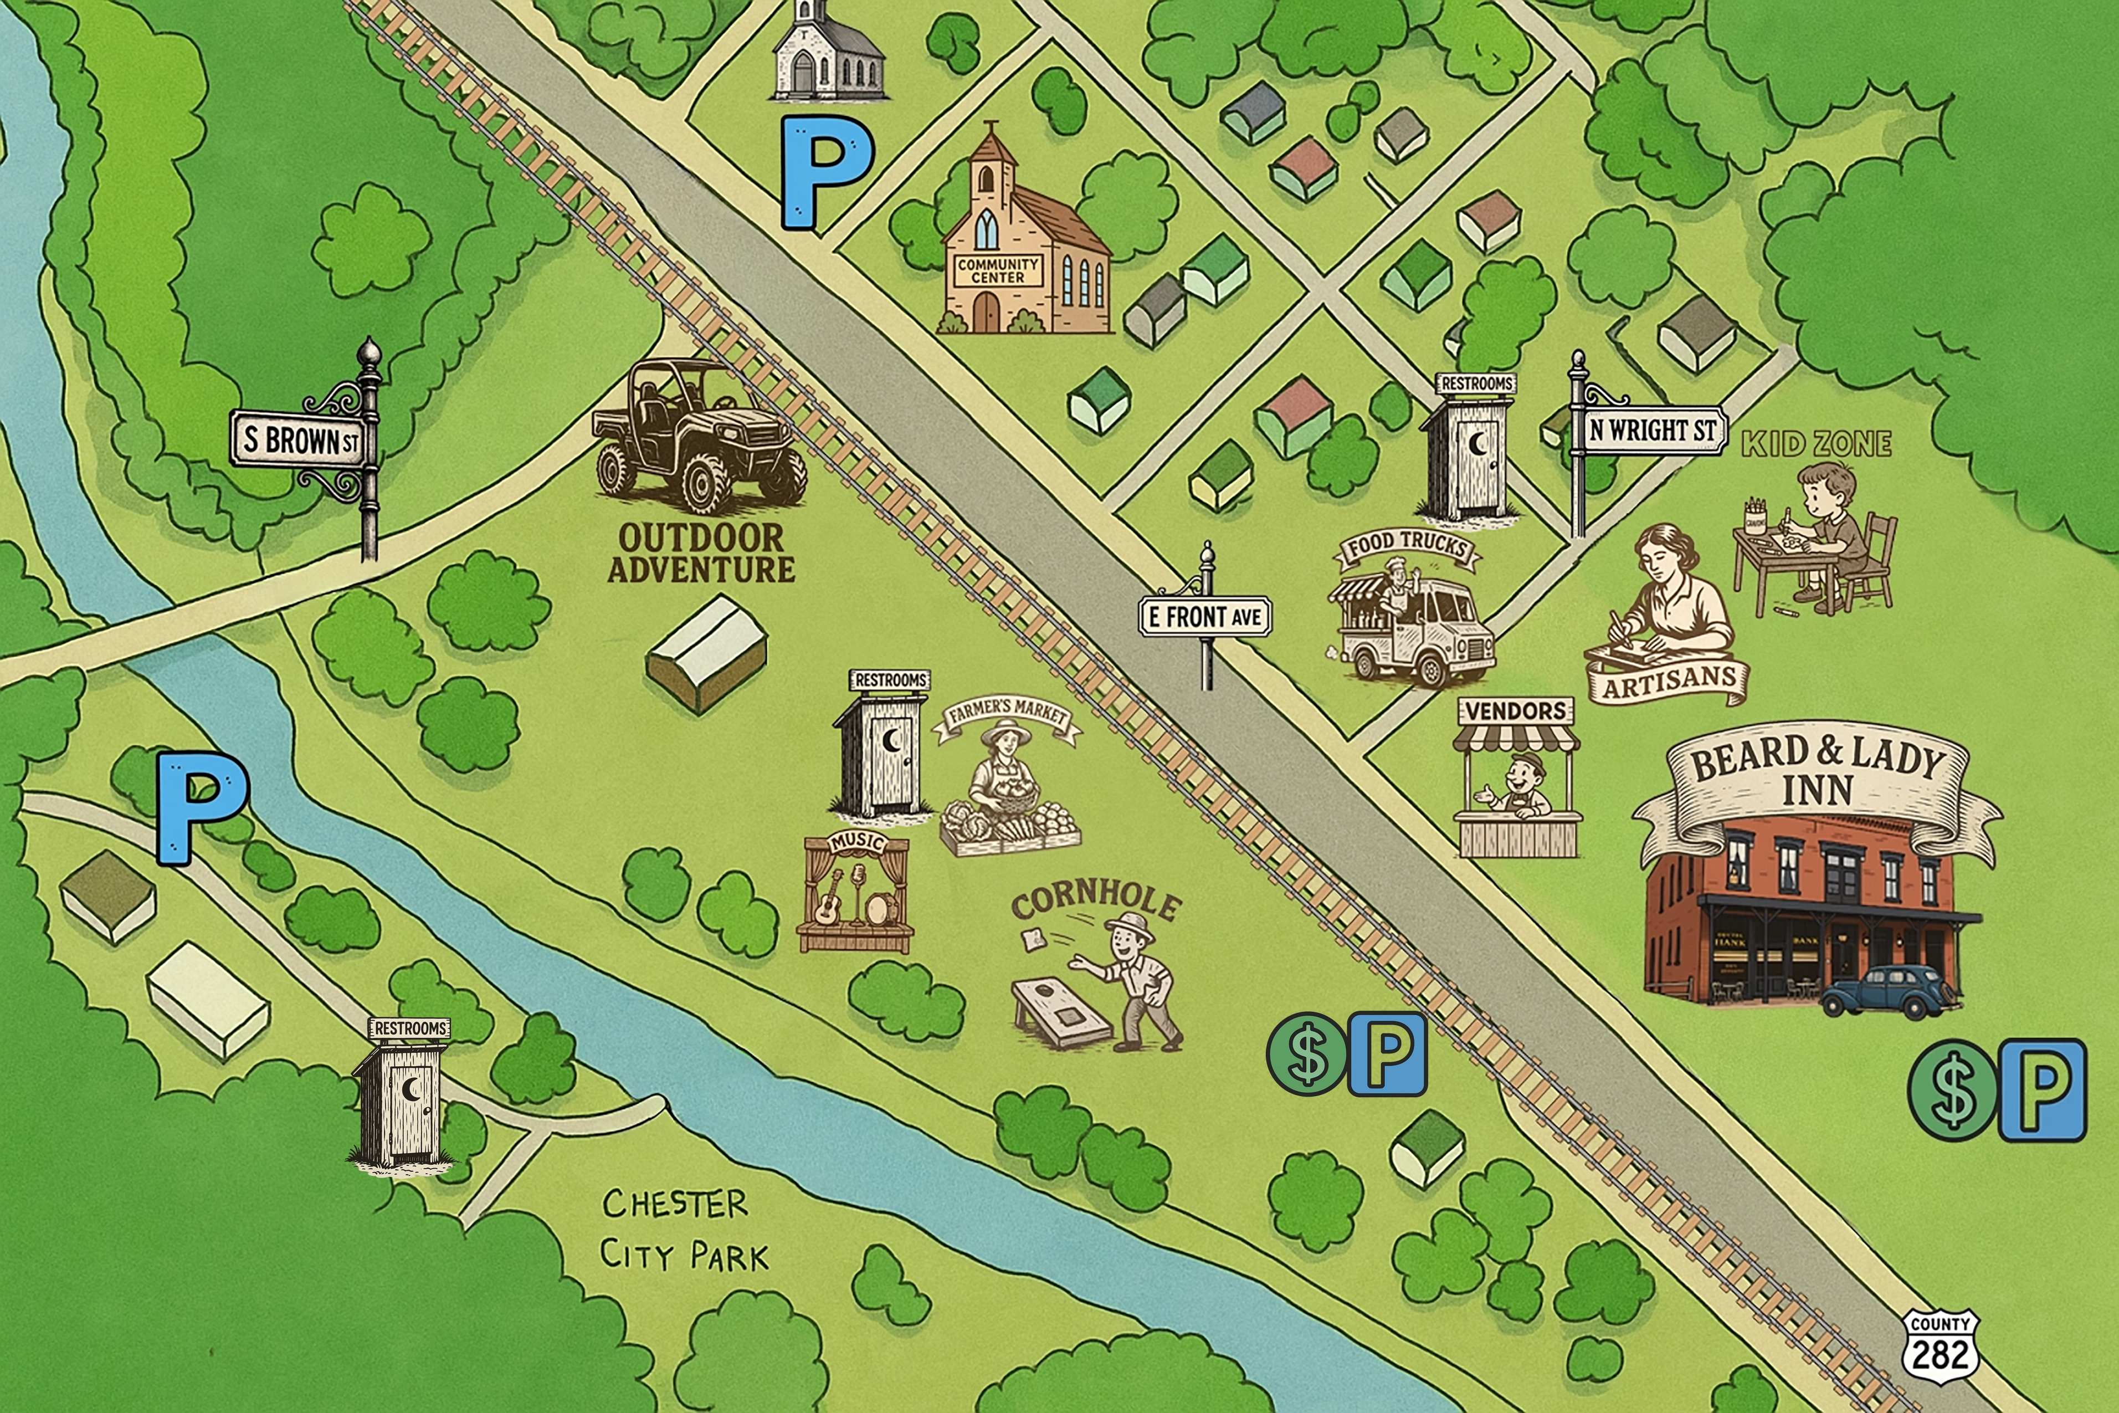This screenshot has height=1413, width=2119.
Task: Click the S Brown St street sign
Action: click(301, 440)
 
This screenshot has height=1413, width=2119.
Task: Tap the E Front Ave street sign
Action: click(1204, 617)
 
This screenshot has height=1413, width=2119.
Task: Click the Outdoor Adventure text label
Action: click(701, 554)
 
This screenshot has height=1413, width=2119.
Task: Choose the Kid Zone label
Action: click(1817, 443)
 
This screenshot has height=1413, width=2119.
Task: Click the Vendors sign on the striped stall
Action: click(1515, 711)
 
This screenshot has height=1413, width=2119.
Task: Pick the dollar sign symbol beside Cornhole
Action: click(1307, 1053)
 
